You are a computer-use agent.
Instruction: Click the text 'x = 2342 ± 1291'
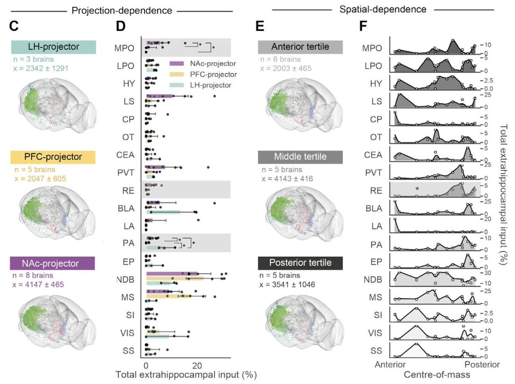39,68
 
